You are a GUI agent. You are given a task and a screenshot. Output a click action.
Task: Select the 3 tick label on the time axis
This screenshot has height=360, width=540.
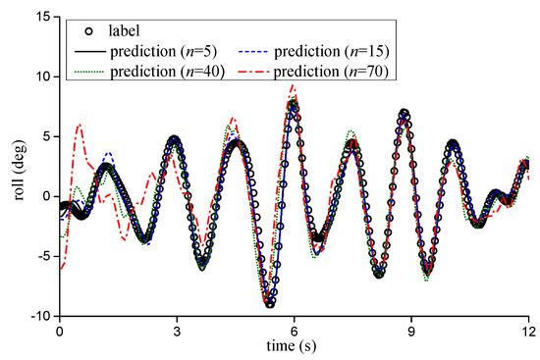click(x=177, y=332)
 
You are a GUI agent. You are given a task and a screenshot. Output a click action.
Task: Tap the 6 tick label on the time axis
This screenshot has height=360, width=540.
click(x=294, y=332)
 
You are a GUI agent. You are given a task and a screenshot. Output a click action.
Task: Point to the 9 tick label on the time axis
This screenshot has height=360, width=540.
click(x=411, y=332)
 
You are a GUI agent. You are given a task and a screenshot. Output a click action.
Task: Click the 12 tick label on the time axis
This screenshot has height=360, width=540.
click(x=528, y=332)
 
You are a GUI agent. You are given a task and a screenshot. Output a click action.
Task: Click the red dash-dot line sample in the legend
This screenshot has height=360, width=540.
click(x=248, y=67)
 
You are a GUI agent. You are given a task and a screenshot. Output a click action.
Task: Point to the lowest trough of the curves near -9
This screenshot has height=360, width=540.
click(x=269, y=305)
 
